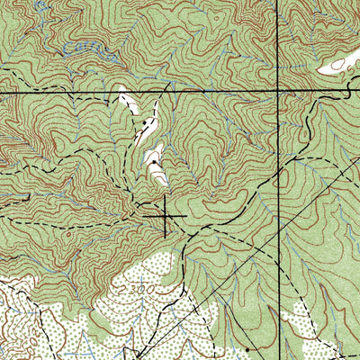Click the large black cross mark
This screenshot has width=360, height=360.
click(x=165, y=216)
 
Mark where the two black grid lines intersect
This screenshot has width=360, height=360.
click(x=278, y=92)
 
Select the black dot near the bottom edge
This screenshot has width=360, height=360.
click(x=248, y=346)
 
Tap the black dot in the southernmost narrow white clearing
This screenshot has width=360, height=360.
click(x=155, y=163)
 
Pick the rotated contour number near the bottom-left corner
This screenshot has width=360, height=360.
click(x=13, y=346)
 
